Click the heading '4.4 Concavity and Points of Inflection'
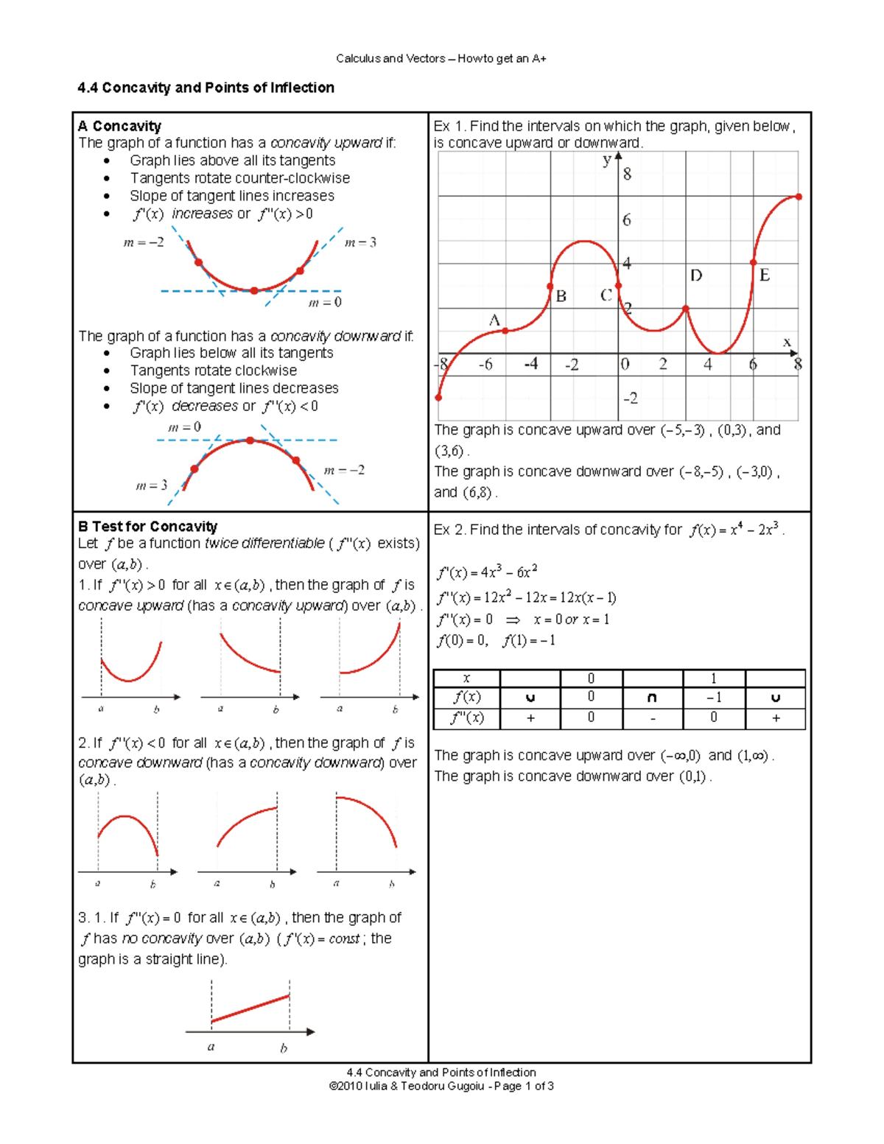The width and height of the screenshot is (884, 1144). pyautogui.click(x=206, y=88)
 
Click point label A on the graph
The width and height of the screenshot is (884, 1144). pyautogui.click(x=494, y=320)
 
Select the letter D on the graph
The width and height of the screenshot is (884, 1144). pyautogui.click(x=696, y=276)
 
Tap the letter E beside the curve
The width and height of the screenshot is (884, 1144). pyautogui.click(x=765, y=276)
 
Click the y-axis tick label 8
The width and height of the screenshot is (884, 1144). pyautogui.click(x=627, y=175)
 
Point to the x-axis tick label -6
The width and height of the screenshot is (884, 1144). pyautogui.click(x=485, y=365)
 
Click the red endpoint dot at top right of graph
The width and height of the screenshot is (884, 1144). pyautogui.click(x=799, y=197)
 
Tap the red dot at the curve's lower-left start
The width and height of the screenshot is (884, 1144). pyautogui.click(x=439, y=398)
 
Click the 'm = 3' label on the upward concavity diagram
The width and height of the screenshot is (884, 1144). pyautogui.click(x=360, y=242)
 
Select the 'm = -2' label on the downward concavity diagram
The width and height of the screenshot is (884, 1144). pyautogui.click(x=344, y=470)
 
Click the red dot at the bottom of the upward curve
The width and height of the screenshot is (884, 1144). pyautogui.click(x=254, y=291)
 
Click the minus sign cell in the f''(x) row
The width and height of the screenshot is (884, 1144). pyautogui.click(x=653, y=718)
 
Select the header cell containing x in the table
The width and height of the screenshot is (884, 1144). pyautogui.click(x=466, y=678)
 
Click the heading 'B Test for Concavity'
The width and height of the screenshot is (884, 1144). pyautogui.click(x=147, y=527)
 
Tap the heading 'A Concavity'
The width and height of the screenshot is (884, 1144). pyautogui.click(x=119, y=126)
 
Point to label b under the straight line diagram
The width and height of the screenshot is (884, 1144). pyautogui.click(x=284, y=1048)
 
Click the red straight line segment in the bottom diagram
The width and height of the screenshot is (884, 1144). pyautogui.click(x=250, y=1008)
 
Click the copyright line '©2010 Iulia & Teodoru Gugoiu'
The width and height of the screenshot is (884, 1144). pyautogui.click(x=441, y=1087)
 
